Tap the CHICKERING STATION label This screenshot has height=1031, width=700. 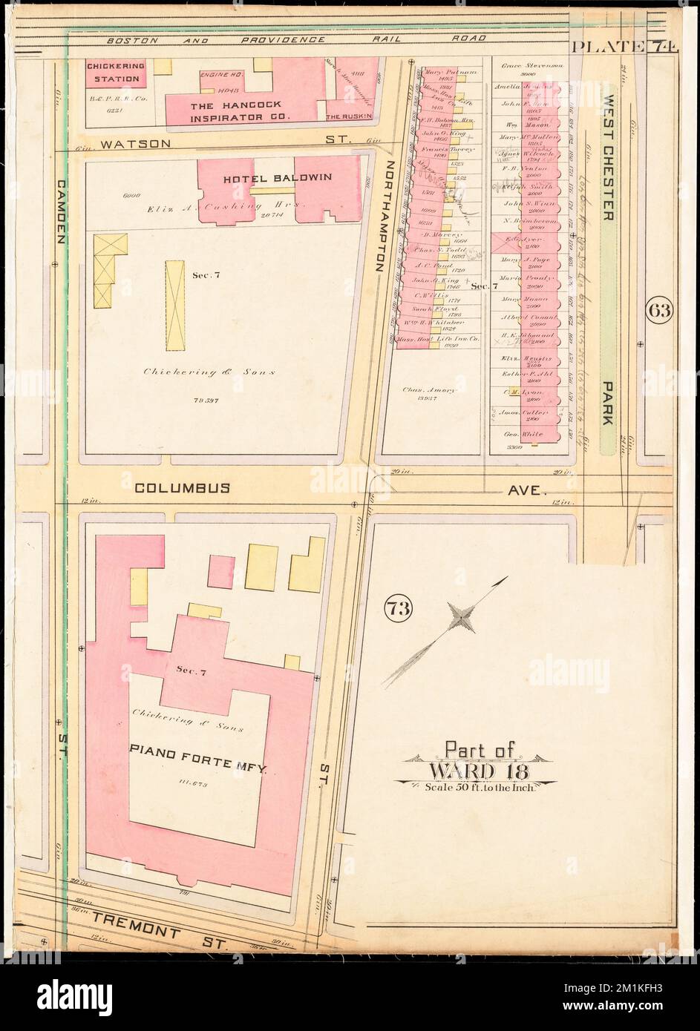[115, 73]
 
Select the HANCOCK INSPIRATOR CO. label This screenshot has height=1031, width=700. [239, 111]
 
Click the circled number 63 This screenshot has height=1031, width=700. [658, 310]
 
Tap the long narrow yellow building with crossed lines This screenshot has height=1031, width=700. [174, 305]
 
